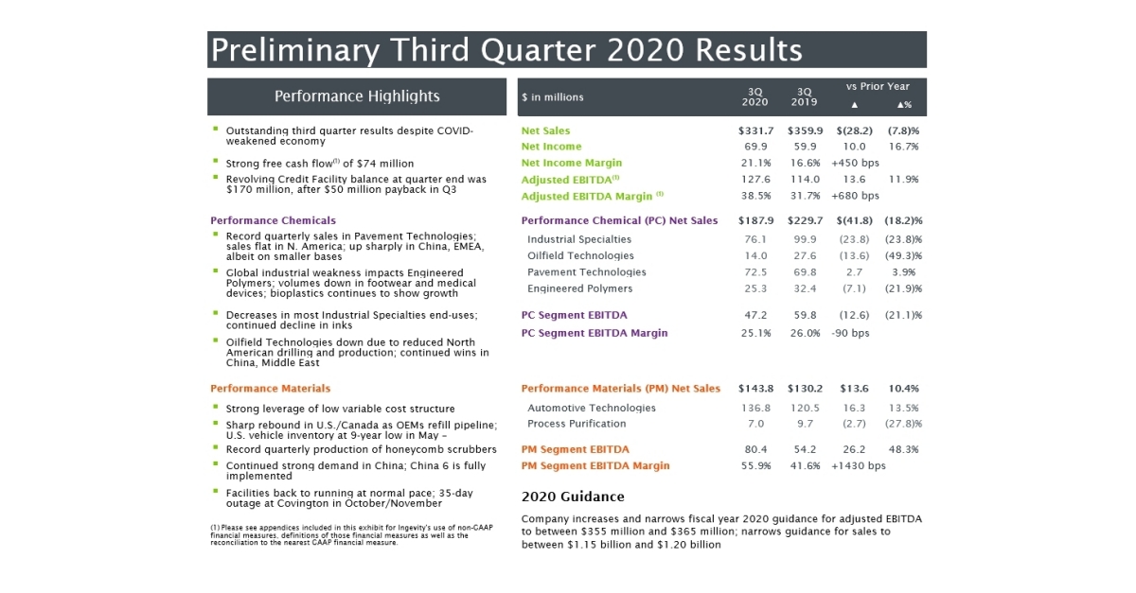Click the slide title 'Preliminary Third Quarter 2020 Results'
click(506, 49)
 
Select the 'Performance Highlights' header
click(357, 96)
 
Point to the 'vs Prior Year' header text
click(878, 86)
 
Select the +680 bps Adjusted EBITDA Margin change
click(855, 196)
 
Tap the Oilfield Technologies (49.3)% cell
click(903, 255)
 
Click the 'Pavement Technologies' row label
click(586, 272)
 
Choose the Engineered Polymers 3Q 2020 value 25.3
click(755, 288)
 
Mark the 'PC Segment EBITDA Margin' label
click(594, 333)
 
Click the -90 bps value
click(850, 333)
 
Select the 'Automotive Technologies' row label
click(591, 408)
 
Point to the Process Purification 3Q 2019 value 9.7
click(805, 424)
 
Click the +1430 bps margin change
click(858, 465)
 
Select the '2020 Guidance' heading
click(573, 497)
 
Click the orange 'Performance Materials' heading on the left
click(270, 388)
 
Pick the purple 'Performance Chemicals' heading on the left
click(273, 220)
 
